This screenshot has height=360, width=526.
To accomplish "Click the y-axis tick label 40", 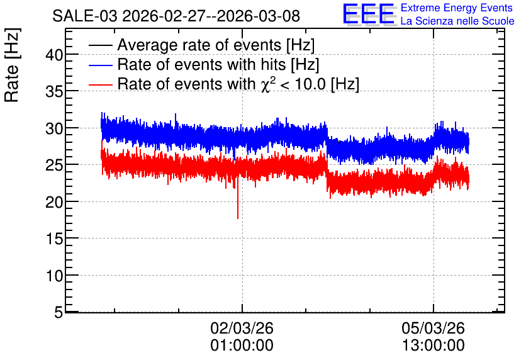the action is click(54, 55).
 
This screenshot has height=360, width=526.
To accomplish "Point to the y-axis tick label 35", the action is click(54, 91).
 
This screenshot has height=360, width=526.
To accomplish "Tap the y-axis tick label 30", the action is click(54, 128).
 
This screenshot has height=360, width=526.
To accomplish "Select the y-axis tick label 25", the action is click(54, 165).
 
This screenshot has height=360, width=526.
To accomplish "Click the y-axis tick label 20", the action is click(54, 202).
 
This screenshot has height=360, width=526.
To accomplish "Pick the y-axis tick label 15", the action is click(54, 239).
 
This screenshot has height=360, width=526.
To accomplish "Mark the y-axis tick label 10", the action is click(54, 276).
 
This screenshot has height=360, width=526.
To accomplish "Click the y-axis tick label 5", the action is click(59, 313).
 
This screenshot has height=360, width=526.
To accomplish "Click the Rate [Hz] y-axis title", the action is click(12, 65).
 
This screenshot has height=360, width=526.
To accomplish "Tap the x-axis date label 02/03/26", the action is click(242, 328).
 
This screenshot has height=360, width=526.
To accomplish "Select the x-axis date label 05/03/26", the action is click(433, 328).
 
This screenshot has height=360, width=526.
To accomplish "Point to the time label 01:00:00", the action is click(242, 346).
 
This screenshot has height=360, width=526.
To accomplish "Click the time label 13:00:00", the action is click(433, 346).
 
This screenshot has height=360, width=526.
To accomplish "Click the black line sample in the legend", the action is click(101, 45).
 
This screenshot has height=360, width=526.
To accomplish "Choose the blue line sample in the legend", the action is click(101, 65).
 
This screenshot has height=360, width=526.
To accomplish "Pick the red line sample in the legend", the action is click(101, 84).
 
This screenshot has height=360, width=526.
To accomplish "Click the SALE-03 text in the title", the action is click(85, 16).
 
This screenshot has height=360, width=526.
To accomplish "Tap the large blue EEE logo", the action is click(368, 14).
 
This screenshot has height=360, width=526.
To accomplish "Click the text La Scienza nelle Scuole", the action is click(457, 21).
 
